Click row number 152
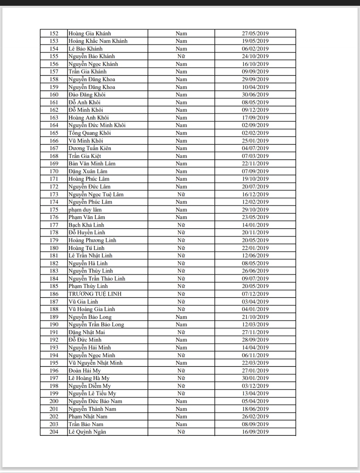tap(54, 33)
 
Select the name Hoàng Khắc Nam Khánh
tap(98, 41)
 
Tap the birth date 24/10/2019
tap(255, 56)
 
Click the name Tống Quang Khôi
tap(90, 133)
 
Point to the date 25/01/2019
tap(255, 141)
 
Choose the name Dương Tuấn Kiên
tap(90, 148)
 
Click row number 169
tap(54, 164)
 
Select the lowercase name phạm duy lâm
tap(85, 210)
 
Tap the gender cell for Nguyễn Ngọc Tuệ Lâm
tap(181, 194)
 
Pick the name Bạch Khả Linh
tap(86, 225)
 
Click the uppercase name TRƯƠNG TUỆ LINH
tap(95, 294)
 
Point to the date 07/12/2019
tap(255, 294)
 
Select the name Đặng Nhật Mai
tap(87, 332)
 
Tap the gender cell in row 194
tap(181, 355)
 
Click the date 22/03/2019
tap(255, 363)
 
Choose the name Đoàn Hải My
tap(85, 370)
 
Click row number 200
tap(54, 401)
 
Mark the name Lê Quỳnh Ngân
tap(87, 432)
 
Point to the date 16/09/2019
tap(255, 432)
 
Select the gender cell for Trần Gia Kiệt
tap(181, 156)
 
